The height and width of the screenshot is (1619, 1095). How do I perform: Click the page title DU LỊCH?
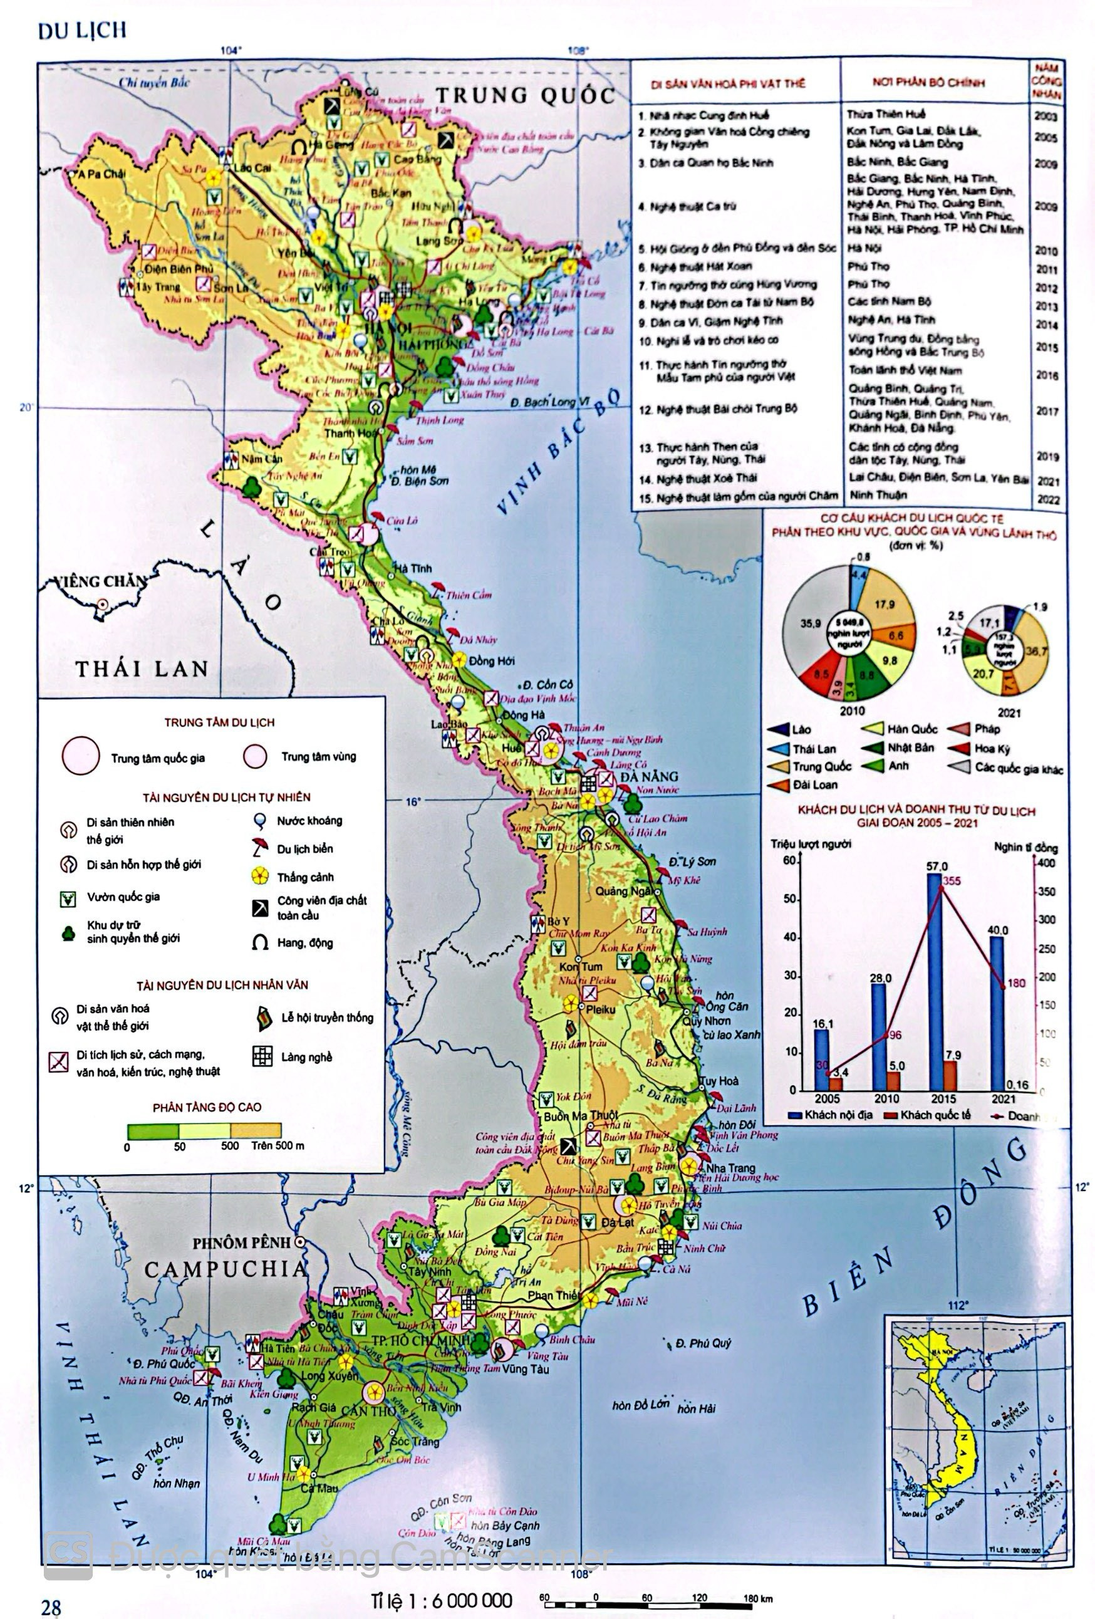(x=82, y=31)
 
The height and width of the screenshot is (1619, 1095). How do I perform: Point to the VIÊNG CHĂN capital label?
(x=102, y=581)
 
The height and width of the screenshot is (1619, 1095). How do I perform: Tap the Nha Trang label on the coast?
(x=730, y=1168)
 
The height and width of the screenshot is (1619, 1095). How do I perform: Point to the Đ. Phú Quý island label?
(x=703, y=1343)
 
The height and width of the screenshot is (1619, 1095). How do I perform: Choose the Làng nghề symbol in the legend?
(x=262, y=1056)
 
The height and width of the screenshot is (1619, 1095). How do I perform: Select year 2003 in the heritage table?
(x=1046, y=117)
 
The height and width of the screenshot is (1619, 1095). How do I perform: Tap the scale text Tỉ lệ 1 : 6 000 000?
(x=442, y=1600)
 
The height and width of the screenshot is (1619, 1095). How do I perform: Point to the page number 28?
(x=51, y=1607)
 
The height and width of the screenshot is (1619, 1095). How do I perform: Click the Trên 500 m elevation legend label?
(x=278, y=1145)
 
